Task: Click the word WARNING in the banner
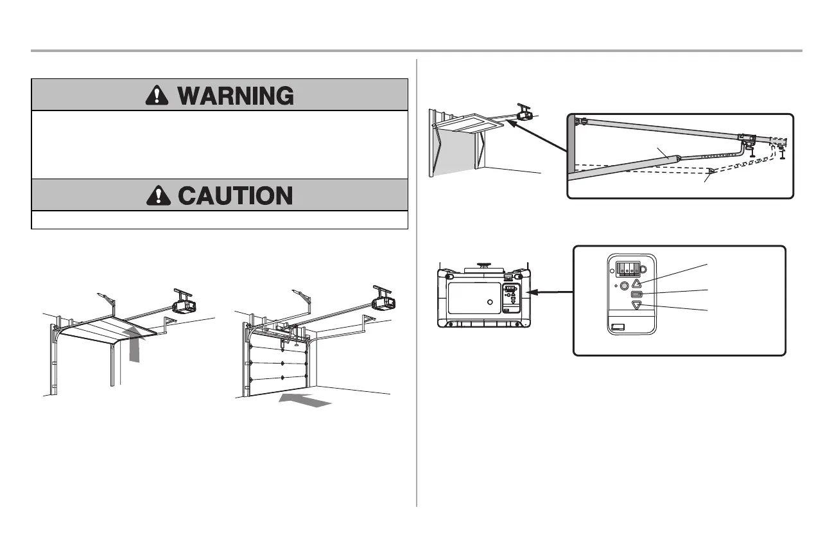[236, 96]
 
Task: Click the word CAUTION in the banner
[235, 195]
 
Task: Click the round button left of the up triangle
[623, 286]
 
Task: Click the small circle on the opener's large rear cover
[490, 302]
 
